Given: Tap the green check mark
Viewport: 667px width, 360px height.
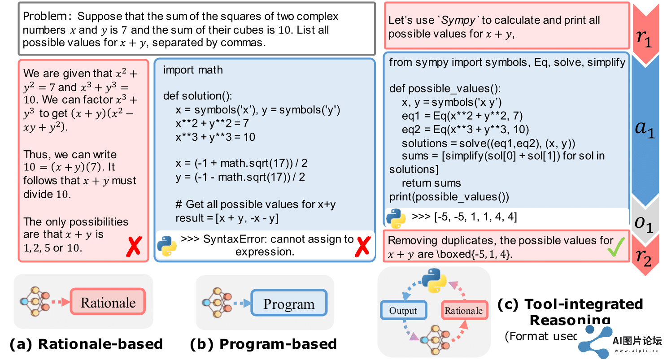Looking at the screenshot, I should pyautogui.click(x=616, y=246).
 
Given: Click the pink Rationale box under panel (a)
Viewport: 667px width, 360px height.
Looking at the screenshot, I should pyautogui.click(x=108, y=303).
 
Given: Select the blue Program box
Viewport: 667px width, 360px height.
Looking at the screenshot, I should pyautogui.click(x=289, y=304).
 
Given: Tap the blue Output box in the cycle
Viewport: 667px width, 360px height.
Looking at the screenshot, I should pyautogui.click(x=403, y=311).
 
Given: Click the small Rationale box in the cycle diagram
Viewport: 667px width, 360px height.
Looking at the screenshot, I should pyautogui.click(x=463, y=311).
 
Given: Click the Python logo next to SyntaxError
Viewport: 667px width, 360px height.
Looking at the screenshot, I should pyautogui.click(x=166, y=246).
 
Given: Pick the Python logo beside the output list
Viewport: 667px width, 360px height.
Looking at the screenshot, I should pyautogui.click(x=396, y=217).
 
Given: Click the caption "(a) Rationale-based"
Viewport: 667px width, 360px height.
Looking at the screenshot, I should pyautogui.click(x=86, y=344).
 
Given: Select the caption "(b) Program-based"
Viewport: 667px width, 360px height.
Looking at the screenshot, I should pyautogui.click(x=263, y=344).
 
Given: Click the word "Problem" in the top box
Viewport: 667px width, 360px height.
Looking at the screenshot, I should pyautogui.click(x=44, y=17).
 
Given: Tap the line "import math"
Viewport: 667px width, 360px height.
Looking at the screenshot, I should pyautogui.click(x=193, y=70).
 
